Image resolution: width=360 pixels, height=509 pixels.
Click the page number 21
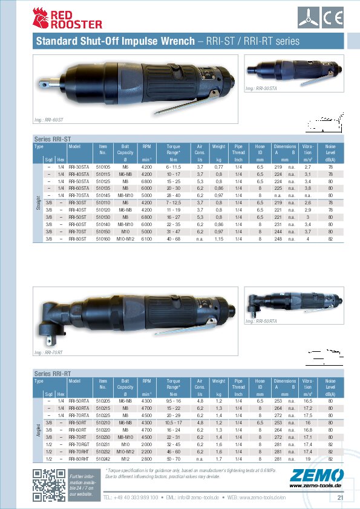(340, 498)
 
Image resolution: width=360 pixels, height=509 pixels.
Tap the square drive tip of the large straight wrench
(50, 79)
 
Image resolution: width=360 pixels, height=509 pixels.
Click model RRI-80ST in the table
(77, 239)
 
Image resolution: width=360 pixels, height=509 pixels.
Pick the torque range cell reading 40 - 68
(174, 239)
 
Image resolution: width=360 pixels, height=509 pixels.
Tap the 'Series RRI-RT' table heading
(53, 375)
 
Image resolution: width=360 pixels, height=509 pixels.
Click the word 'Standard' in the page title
(56, 42)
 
